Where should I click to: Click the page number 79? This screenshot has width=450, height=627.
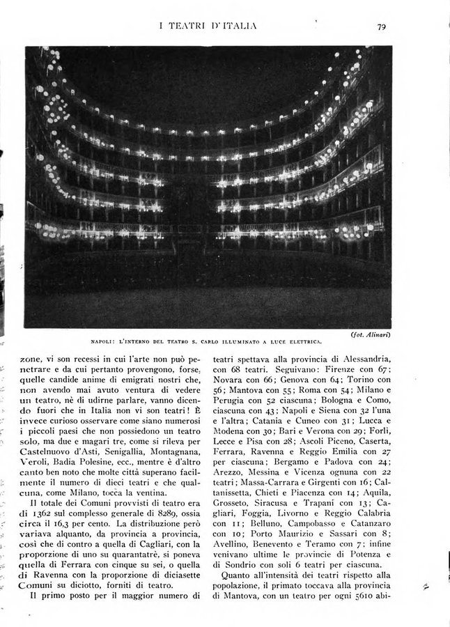pos(381,27)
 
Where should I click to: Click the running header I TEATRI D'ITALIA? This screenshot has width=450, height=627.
pos(208,26)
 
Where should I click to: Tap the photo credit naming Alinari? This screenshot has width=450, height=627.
pos(369,335)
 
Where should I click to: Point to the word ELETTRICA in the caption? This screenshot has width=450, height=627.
pos(301,342)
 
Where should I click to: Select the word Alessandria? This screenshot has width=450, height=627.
pos(357,357)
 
